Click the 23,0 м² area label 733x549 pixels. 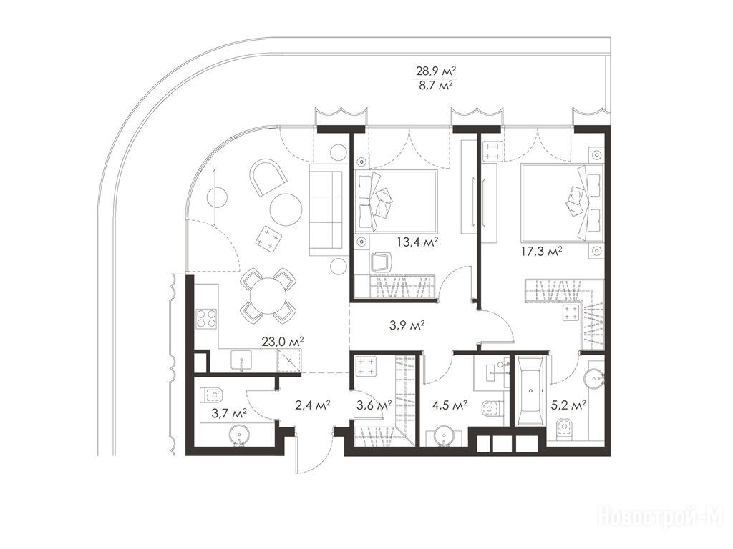point(283,342)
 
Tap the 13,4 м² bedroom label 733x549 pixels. point(417,242)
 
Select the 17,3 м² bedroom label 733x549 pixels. point(541,252)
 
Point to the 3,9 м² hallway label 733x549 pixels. point(407,325)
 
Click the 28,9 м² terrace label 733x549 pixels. point(436,71)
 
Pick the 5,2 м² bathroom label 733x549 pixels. point(568,405)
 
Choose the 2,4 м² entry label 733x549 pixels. point(313,405)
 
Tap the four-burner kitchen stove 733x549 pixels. point(207,318)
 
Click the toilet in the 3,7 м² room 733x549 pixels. point(213,395)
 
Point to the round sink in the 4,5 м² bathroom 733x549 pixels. point(442,437)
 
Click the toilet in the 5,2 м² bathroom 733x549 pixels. point(566,427)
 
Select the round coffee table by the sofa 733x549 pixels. point(286,209)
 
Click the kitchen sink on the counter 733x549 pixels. point(241,360)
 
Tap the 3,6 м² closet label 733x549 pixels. point(374,405)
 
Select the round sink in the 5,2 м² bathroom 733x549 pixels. point(593,377)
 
